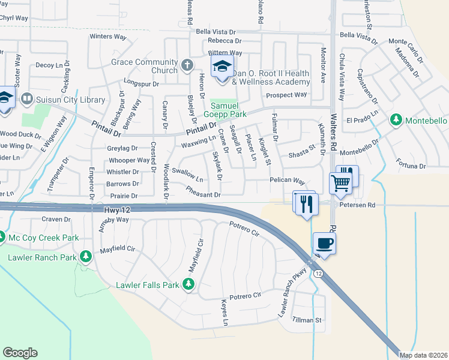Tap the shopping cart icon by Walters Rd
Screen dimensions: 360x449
point(340,182)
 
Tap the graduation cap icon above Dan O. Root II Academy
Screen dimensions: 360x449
point(221,67)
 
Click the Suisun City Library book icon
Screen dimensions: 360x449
point(26,98)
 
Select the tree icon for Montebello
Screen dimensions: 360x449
point(396,120)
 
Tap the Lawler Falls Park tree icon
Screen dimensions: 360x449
point(189,284)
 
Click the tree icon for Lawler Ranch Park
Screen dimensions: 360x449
point(85,257)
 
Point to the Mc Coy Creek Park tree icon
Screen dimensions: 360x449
point(2,238)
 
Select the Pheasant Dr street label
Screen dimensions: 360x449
point(203,194)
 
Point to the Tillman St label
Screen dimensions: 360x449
point(307,320)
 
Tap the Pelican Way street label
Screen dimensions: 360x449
point(288,181)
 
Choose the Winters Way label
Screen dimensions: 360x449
point(108,37)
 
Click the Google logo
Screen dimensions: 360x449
point(20,353)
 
